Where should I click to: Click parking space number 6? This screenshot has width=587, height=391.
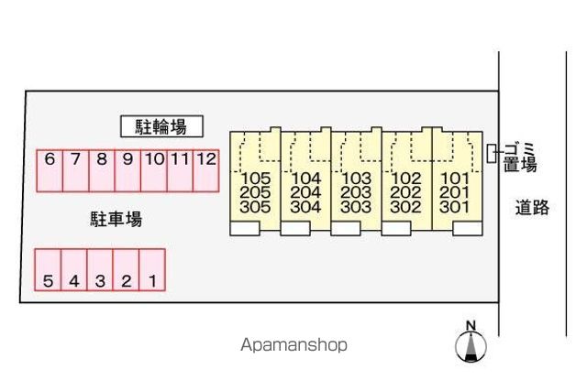click(x=50, y=171)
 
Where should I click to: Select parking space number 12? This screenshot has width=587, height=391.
click(x=205, y=171)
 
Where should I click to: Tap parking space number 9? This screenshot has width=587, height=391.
click(x=127, y=171)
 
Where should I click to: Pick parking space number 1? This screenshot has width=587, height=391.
click(x=152, y=269)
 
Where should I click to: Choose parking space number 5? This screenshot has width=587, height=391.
click(x=48, y=269)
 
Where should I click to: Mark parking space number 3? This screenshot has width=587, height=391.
click(x=100, y=269)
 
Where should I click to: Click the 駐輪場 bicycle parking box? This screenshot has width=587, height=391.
click(x=161, y=126)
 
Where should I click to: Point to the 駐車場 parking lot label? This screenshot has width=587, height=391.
click(x=116, y=219)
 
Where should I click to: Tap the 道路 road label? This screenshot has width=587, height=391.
click(x=532, y=208)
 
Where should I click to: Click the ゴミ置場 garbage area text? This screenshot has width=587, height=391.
click(x=520, y=157)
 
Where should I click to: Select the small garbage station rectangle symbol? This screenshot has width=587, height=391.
click(x=492, y=153)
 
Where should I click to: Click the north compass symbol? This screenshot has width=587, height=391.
click(x=471, y=342)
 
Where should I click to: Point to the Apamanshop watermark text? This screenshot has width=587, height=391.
click(x=293, y=344)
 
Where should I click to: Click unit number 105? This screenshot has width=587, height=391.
click(x=255, y=179)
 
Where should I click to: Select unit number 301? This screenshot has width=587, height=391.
click(x=455, y=207)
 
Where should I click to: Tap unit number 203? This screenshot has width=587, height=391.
click(x=356, y=192)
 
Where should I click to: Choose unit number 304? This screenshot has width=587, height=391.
click(x=305, y=207)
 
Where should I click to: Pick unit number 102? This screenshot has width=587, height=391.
click(x=405, y=179)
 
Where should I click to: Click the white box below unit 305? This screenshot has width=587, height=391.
click(x=245, y=228)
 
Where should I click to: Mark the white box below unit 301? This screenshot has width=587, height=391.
click(x=468, y=228)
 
